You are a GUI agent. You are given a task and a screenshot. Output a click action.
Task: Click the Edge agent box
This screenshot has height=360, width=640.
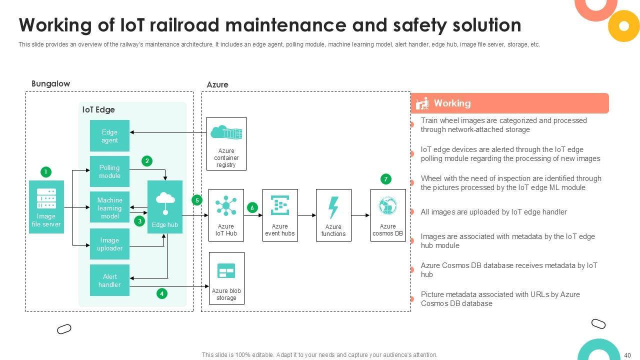(x=109, y=136)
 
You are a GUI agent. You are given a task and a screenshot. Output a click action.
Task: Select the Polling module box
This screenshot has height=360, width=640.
(x=109, y=171)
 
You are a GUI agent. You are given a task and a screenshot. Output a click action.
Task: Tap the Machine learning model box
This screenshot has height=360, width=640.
(x=109, y=207)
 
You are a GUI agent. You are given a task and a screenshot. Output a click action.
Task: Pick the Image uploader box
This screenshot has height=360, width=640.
(x=109, y=244)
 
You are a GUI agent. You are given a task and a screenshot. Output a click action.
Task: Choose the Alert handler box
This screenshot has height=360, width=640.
(x=109, y=280)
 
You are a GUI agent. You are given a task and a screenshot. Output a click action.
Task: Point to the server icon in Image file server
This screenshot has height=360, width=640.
(x=46, y=198)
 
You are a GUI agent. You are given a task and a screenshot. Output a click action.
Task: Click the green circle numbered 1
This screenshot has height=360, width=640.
(x=45, y=172)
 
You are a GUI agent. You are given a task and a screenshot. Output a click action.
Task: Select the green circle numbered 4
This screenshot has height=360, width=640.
(x=161, y=293)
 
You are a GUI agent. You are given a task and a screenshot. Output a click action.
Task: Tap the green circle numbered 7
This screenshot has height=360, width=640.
(x=385, y=179)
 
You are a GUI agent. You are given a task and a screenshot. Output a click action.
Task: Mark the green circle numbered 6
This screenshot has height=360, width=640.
(x=252, y=207)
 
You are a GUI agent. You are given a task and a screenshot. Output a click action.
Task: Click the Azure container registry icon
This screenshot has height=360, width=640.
(x=226, y=133)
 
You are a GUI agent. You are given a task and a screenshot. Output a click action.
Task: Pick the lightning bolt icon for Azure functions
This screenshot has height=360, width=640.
(x=333, y=207)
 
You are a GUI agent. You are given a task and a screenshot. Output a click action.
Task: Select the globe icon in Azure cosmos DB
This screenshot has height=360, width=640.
(x=387, y=206)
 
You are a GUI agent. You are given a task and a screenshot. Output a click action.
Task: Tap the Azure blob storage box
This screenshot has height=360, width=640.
(x=226, y=278)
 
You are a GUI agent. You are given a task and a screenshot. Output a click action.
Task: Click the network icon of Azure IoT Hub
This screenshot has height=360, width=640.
(x=226, y=206)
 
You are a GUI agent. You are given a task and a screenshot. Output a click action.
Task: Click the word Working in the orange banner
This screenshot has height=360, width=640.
(x=452, y=103)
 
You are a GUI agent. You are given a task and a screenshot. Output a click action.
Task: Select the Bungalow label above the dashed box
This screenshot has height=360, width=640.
(x=50, y=84)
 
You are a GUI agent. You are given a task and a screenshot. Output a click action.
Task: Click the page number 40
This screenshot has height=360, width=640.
(x=627, y=355)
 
